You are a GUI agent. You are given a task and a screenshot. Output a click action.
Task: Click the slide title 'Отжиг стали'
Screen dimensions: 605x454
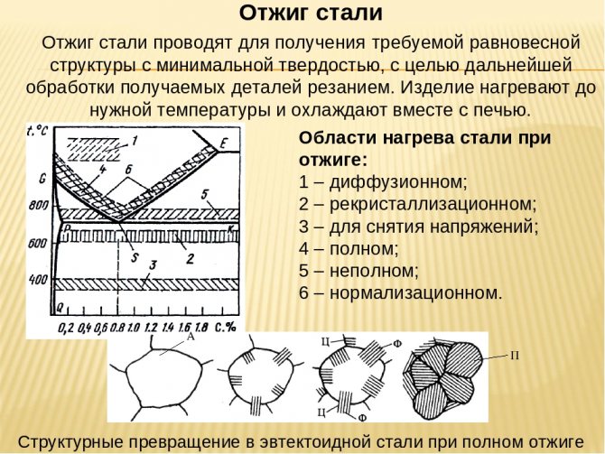(x=311, y=14)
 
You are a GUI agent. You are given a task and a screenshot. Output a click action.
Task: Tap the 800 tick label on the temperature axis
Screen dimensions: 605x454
(x=39, y=205)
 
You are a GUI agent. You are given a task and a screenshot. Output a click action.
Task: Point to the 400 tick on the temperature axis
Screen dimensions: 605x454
(x=38, y=279)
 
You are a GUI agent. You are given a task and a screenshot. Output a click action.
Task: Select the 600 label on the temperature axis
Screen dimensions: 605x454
(x=38, y=244)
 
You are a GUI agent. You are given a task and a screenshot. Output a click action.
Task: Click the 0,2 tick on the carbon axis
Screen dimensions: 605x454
(x=67, y=328)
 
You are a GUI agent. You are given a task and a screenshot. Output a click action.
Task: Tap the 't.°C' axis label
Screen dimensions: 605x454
(x=37, y=131)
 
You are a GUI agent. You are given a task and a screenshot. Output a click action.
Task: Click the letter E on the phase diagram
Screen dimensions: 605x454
(x=224, y=144)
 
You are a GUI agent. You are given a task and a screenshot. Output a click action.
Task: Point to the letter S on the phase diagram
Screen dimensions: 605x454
(x=135, y=257)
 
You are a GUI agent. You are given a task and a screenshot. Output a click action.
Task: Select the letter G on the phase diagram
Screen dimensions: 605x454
(x=42, y=179)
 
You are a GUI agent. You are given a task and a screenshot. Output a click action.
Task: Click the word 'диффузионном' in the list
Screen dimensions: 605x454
(x=398, y=181)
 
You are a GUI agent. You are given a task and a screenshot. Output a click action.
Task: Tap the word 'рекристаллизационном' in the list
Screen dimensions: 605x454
(x=433, y=204)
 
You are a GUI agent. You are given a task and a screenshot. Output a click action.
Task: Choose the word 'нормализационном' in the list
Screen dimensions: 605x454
(x=416, y=293)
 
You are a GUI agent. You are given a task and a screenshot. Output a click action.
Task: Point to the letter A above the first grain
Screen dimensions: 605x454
(x=191, y=337)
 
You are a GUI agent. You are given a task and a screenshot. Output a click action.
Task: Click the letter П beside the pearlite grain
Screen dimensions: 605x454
(x=515, y=356)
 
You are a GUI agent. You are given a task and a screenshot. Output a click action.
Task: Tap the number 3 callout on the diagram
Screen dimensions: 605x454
(x=154, y=264)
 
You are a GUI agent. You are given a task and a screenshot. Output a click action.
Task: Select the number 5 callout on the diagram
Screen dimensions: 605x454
(x=204, y=195)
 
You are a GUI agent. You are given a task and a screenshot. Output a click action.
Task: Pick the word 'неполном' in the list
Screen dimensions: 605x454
(x=374, y=271)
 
